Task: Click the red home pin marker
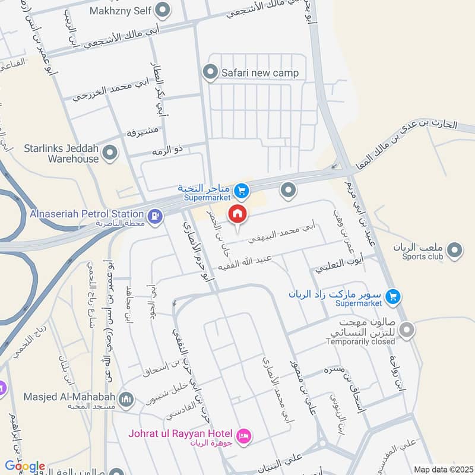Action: point(237,215)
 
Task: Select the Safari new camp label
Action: point(259,73)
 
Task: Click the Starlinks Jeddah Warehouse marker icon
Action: point(109,154)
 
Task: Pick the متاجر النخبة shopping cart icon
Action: point(240,191)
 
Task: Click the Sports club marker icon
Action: point(455,250)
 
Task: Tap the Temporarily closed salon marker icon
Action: point(407,330)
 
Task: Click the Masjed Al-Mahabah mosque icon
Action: point(126,398)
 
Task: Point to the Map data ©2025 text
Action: point(442,469)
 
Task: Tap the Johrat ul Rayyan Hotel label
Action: point(182,432)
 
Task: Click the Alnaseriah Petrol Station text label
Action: point(87,214)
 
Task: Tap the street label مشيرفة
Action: point(142,131)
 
